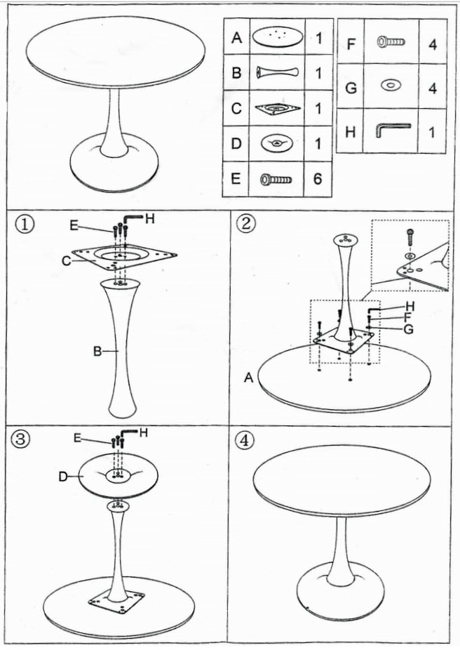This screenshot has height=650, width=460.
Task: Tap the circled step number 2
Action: coord(245,223)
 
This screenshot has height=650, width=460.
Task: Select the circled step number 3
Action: coord(21,439)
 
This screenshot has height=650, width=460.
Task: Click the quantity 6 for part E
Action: coord(318,179)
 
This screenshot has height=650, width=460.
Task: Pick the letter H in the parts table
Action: coord(350,132)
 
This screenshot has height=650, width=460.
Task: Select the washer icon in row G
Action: coord(391,86)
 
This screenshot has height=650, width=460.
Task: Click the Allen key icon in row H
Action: coord(393,130)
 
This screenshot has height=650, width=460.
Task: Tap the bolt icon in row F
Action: coord(391,41)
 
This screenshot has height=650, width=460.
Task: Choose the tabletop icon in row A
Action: coord(277,37)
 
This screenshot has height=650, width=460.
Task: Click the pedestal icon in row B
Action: coord(277,72)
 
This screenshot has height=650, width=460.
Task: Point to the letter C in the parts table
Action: coord(236,109)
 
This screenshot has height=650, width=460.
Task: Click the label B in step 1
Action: coord(97,352)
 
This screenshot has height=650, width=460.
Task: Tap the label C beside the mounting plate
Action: coord(66,261)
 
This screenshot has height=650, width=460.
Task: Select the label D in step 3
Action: coord(63,477)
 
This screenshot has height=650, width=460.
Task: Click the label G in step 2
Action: coord(408,329)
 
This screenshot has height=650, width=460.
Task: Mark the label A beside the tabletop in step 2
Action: coord(248,378)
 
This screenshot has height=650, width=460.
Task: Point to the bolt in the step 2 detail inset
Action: coord(410,237)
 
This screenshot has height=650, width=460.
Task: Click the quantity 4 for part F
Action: coord(433,44)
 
